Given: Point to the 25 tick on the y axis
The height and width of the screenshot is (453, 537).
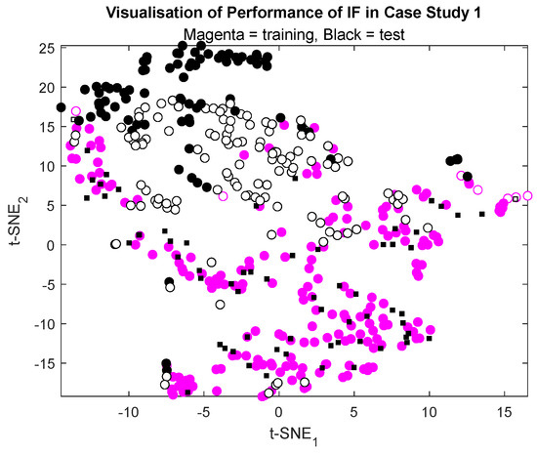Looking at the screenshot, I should tap(46, 48).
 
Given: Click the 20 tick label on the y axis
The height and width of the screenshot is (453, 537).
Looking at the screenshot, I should tap(46, 87).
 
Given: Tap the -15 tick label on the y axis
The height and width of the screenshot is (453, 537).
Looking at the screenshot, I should tap(43, 363).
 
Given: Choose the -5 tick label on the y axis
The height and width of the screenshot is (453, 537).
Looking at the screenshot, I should tap(46, 284).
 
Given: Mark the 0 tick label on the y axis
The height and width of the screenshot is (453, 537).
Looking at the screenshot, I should tap(50, 245).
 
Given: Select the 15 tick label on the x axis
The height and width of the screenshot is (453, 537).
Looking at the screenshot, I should tap(503, 412).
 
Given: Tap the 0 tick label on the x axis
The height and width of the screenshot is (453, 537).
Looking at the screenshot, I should tap(278, 412).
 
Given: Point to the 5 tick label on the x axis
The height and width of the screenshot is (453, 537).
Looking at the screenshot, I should tap(353, 412).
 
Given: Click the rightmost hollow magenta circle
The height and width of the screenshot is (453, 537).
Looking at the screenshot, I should tap(527, 195).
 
